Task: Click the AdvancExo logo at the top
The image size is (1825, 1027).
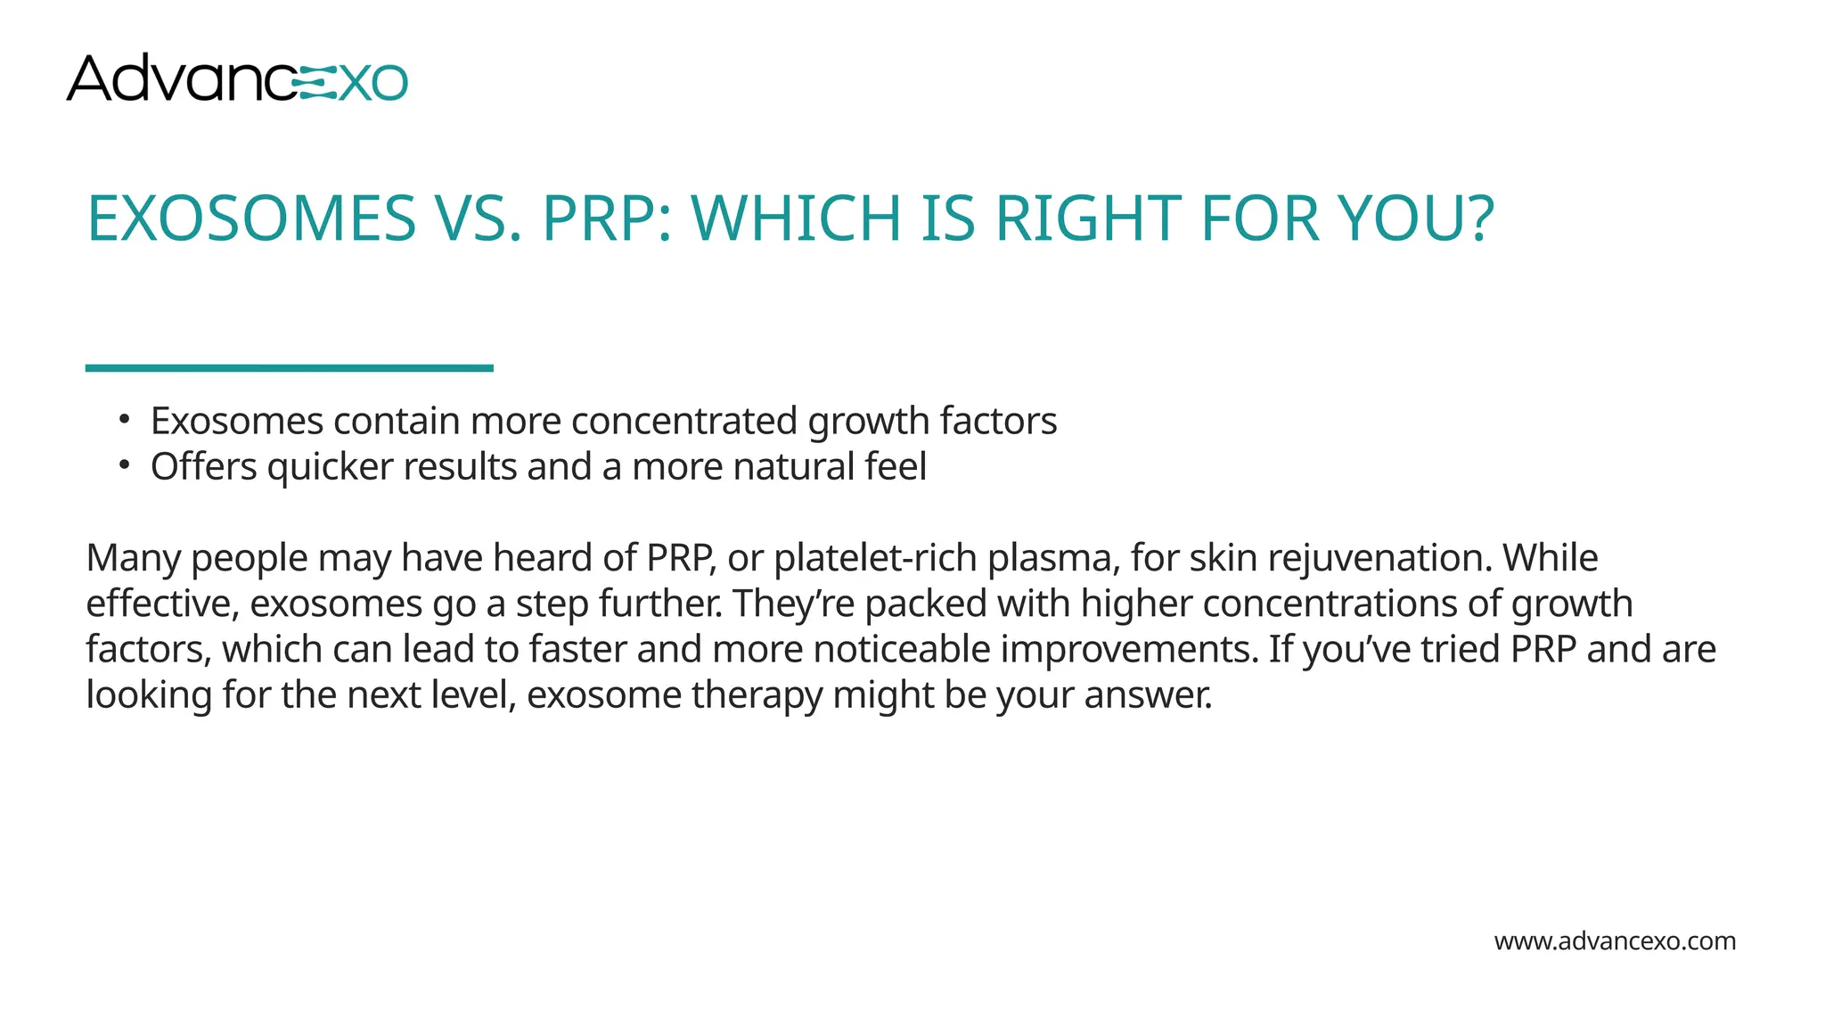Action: pyautogui.click(x=237, y=78)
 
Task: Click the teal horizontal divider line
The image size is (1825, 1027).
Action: pyautogui.click(x=289, y=368)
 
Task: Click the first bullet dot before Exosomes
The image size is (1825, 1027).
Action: pyautogui.click(x=125, y=419)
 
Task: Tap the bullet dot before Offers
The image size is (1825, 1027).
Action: pyautogui.click(x=125, y=464)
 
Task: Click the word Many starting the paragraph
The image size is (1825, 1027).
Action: pyautogui.click(x=134, y=559)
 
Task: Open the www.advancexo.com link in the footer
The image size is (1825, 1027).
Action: pyautogui.click(x=1615, y=941)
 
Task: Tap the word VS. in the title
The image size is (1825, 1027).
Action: pyautogui.click(x=479, y=219)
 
